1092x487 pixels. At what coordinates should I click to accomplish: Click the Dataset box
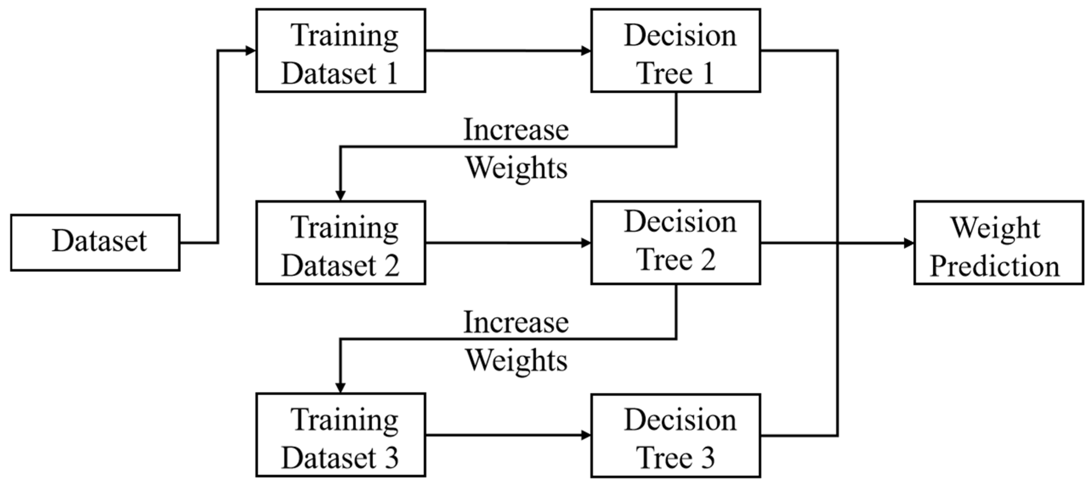point(95,242)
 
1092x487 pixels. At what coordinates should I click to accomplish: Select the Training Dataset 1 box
point(340,50)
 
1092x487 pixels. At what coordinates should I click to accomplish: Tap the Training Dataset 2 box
point(340,242)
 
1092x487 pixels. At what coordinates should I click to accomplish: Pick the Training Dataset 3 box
point(340,435)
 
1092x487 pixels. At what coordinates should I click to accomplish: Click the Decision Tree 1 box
point(676,50)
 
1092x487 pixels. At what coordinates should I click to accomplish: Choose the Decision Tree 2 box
point(676,242)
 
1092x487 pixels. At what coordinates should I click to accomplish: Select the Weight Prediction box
point(998,242)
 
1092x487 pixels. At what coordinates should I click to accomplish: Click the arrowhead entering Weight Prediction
point(909,243)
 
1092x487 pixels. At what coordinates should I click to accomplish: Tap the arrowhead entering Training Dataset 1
point(251,50)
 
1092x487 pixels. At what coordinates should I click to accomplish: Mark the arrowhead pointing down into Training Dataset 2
point(340,196)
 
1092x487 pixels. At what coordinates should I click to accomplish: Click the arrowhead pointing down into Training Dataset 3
point(340,388)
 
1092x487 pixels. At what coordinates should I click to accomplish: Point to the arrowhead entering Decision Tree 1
point(586,50)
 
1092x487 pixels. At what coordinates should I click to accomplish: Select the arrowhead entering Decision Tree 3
point(586,435)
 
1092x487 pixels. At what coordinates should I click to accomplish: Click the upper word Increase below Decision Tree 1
point(516,130)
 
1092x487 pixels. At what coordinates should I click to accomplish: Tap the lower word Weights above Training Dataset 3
point(516,361)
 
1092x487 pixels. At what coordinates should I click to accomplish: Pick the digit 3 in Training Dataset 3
point(390,458)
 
